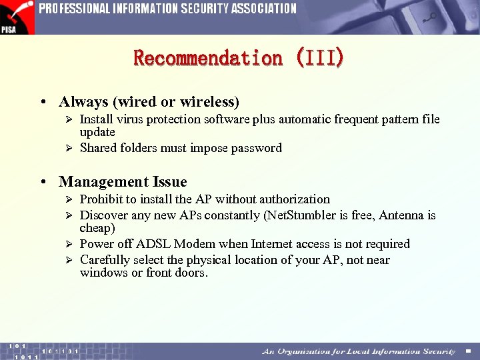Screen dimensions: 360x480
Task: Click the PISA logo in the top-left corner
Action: pos(17,17)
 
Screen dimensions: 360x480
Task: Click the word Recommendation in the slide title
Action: pos(208,58)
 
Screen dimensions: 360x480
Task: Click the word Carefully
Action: pos(105,260)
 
